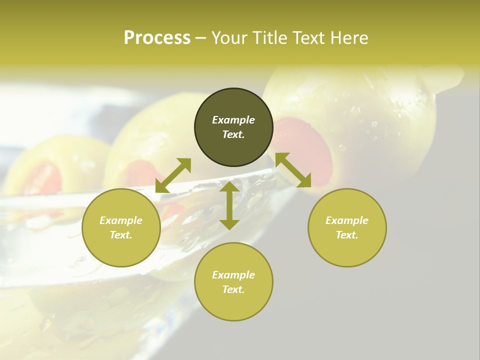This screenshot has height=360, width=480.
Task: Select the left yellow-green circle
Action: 121,227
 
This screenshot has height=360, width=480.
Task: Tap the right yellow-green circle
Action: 347,227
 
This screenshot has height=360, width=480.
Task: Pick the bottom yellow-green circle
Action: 233,282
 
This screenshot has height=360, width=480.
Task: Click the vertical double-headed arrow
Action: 229,205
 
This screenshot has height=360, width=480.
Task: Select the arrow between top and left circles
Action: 173,175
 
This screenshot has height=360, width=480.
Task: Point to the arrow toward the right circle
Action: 293,170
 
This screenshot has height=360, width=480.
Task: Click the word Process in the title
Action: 157,38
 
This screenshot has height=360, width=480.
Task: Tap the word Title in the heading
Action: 271,38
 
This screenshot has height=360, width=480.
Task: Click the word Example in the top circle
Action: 233,120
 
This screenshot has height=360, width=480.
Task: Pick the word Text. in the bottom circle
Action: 233,289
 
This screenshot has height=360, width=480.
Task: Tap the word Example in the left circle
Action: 121,220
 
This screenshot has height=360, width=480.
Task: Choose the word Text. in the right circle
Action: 347,235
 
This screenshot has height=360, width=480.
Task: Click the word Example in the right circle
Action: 347,220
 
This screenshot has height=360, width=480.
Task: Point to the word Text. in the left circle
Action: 121,235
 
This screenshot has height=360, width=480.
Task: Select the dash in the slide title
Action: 200,38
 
